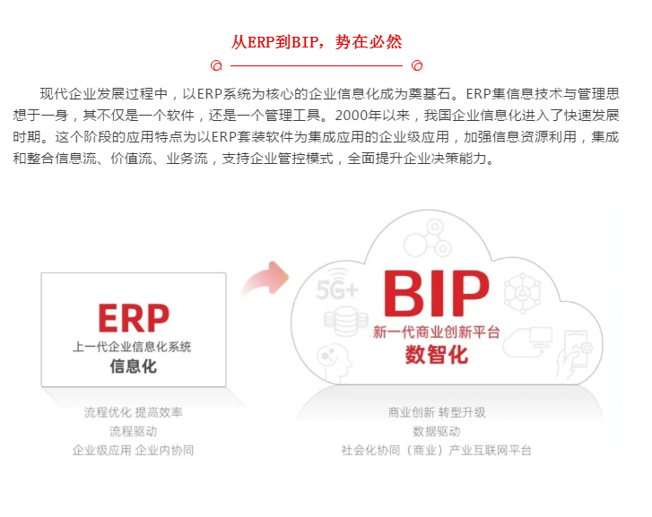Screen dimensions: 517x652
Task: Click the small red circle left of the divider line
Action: (x=216, y=65)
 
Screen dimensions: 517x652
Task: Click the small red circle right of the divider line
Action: (x=416, y=65)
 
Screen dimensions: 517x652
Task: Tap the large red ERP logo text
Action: (x=133, y=319)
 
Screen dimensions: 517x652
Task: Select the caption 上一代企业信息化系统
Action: (x=133, y=346)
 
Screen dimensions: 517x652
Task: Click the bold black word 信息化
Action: (x=133, y=366)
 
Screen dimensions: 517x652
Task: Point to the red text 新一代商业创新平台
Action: (x=436, y=332)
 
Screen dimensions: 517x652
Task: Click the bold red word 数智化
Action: (x=436, y=355)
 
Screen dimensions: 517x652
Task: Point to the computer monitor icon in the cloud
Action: (x=541, y=338)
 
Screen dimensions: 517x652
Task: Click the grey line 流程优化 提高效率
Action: (x=133, y=412)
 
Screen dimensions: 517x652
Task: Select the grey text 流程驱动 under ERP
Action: (x=133, y=431)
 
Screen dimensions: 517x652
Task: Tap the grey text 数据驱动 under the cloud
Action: (x=436, y=431)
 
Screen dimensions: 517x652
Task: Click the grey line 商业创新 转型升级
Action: (x=436, y=412)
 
